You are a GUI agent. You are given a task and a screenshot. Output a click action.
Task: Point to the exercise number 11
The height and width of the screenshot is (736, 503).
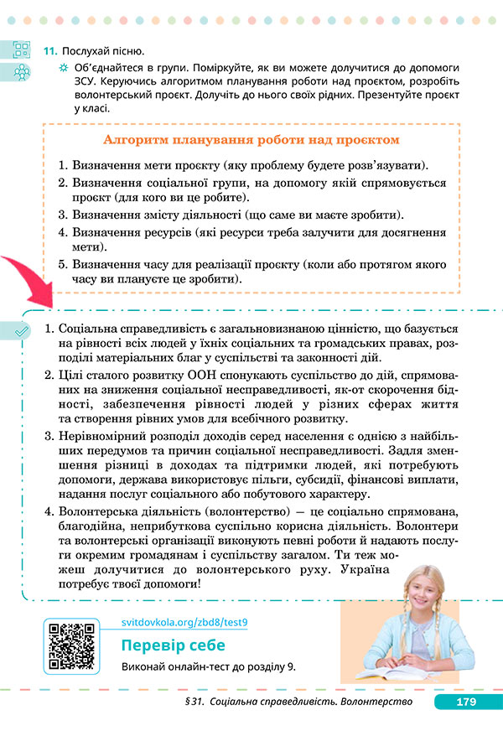pyautogui.click(x=49, y=51)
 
